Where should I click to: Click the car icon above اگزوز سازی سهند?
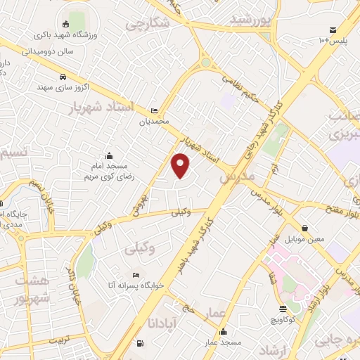63,77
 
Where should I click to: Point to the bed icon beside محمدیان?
154,110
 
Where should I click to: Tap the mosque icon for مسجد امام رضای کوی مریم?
108,156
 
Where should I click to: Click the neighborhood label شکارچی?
148,23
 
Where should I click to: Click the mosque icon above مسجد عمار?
224,332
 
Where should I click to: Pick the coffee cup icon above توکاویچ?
283,309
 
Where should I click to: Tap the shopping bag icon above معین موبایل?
304,228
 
